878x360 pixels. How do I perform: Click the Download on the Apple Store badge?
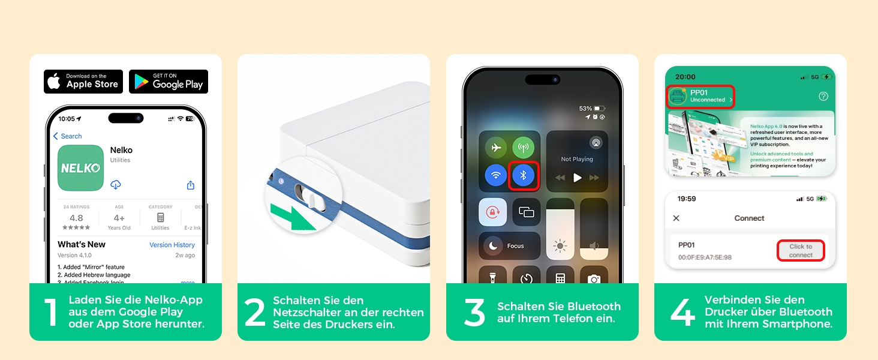[x=83, y=82]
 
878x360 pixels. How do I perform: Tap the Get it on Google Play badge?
[x=169, y=82]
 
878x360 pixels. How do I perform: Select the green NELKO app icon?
[x=80, y=168]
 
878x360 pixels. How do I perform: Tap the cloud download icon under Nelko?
[x=116, y=185]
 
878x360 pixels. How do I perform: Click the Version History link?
[x=172, y=245]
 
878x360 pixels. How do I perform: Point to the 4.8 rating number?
[x=76, y=218]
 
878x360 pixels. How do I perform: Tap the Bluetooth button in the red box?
[x=523, y=175]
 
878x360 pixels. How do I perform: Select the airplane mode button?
[x=496, y=148]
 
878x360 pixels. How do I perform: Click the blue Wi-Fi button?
[x=496, y=175]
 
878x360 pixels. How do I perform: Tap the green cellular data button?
[x=523, y=148]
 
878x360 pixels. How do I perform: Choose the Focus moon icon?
[x=494, y=245]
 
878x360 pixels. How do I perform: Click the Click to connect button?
[x=801, y=250]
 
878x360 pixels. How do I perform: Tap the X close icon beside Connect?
[x=676, y=218]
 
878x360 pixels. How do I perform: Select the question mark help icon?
[x=823, y=96]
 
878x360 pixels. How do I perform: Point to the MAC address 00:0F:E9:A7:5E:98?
[x=705, y=257]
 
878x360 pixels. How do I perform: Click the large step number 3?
[x=474, y=313]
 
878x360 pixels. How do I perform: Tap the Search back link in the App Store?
[x=68, y=136]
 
